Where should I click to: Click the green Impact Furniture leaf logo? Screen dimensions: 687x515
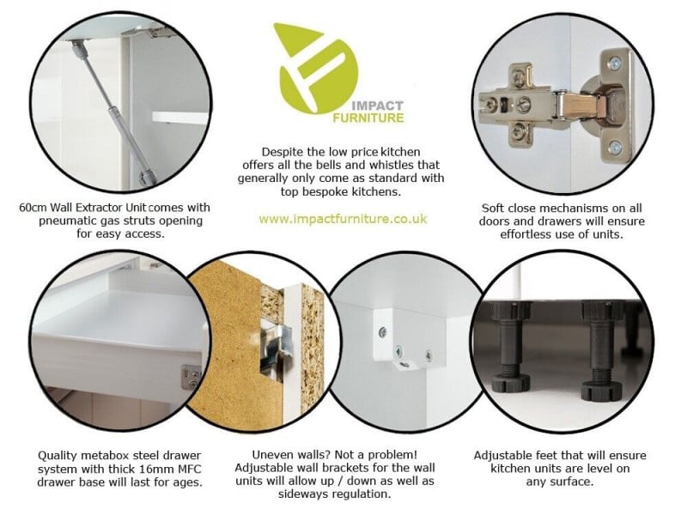click(x=316, y=70)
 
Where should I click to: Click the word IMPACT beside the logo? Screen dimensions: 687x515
click(x=377, y=106)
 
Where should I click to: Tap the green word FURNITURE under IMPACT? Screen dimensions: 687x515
click(x=368, y=118)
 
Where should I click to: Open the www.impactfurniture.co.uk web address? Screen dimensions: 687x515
click(x=343, y=219)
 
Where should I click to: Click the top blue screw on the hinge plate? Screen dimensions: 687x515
click(x=616, y=63)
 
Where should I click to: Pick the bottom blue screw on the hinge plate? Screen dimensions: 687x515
click(x=615, y=147)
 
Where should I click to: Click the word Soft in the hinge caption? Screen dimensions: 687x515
click(x=493, y=208)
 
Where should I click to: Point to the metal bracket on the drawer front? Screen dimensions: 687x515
click(x=191, y=377)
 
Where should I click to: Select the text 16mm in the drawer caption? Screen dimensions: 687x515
click(x=157, y=469)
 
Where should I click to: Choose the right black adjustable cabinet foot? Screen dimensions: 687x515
click(x=601, y=350)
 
